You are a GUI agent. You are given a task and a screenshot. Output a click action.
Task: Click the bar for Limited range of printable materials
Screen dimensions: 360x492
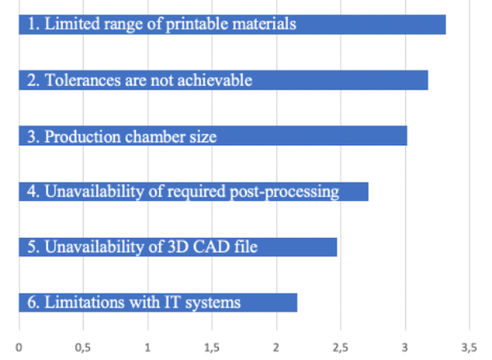point(231,25)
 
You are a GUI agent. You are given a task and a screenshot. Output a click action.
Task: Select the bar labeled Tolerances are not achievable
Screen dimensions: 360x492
point(222,80)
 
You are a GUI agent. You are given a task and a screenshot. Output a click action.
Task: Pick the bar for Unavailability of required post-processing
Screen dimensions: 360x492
point(193,192)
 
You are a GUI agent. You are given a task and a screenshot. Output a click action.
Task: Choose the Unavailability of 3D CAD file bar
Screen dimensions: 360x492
point(177,247)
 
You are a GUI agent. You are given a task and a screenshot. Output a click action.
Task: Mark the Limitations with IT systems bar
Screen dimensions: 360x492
point(157,303)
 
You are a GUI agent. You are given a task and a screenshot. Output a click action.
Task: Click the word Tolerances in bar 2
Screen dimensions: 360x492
point(80,80)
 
